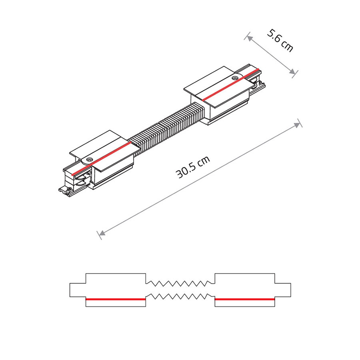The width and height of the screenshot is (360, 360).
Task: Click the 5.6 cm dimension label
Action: (280, 40)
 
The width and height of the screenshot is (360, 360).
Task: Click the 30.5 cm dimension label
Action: (193, 167)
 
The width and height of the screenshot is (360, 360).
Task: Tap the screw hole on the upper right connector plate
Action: (234, 78)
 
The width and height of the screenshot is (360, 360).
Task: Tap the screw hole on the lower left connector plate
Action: (89, 159)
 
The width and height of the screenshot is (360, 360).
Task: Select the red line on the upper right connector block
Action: (230, 84)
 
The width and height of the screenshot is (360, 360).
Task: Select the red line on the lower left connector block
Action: (101, 158)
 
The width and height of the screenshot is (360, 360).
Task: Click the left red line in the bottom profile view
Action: (116, 299)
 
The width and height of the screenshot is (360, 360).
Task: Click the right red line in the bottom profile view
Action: (245, 299)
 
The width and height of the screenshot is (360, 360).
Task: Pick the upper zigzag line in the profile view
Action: (180, 283)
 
